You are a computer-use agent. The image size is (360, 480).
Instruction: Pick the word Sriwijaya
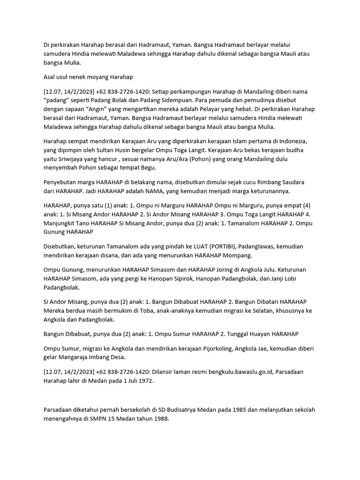pyautogui.click(x=69, y=159)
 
